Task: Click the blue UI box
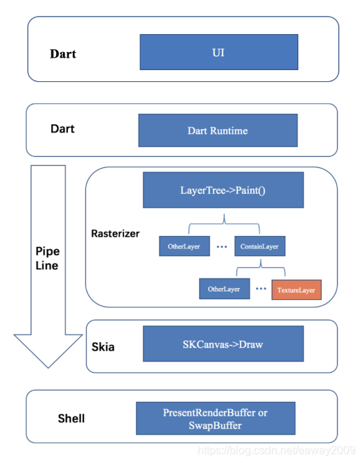point(219,52)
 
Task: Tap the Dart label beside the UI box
point(63,54)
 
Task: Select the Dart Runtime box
point(218,131)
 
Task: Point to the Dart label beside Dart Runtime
point(62,128)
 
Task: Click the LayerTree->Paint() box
point(223,190)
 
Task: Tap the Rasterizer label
point(115,233)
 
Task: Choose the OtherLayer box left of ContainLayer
point(184,246)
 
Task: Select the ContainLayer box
point(260,246)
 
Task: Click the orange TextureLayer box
point(297,289)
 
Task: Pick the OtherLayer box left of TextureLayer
point(225,289)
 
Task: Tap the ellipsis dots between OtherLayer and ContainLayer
point(222,246)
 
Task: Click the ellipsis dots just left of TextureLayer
point(261,289)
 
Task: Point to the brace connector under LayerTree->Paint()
point(224,224)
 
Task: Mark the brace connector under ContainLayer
point(261,267)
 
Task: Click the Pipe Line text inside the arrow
point(47,258)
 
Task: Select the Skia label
point(103,346)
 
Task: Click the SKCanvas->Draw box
point(223,344)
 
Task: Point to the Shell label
point(71,418)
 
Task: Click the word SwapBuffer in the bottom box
point(215,426)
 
